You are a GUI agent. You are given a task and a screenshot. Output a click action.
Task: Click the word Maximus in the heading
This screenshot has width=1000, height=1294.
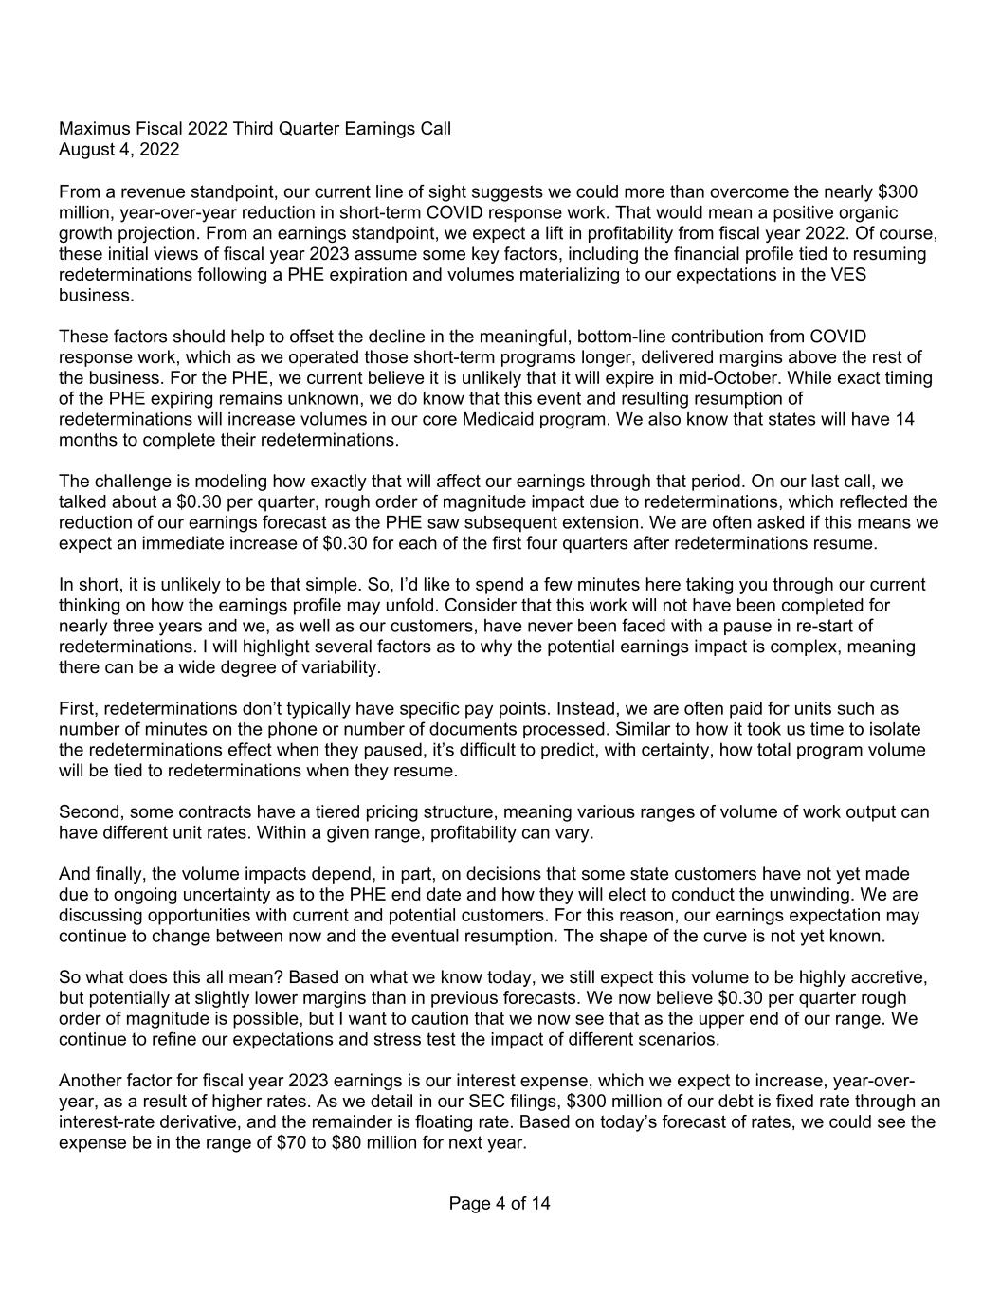92,128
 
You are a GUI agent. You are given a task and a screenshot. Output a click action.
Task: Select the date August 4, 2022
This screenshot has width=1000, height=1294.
118,149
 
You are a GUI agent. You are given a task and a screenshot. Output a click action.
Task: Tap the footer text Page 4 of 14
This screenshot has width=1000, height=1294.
500,1204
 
